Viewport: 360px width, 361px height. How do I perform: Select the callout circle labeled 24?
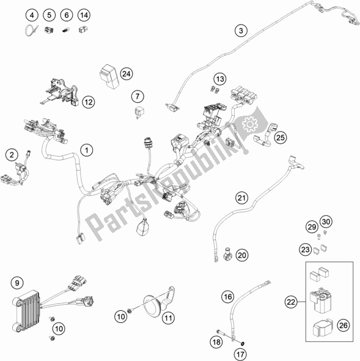(x=126, y=73)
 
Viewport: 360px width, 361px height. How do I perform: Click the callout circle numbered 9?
(x=17, y=283)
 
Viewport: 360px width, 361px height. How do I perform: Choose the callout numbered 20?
(x=241, y=255)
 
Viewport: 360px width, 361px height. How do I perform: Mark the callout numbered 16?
(x=227, y=297)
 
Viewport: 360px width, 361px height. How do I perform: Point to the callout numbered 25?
(x=280, y=138)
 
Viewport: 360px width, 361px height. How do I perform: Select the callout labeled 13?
(x=219, y=78)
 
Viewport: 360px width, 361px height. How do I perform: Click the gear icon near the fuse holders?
(x=248, y=127)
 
